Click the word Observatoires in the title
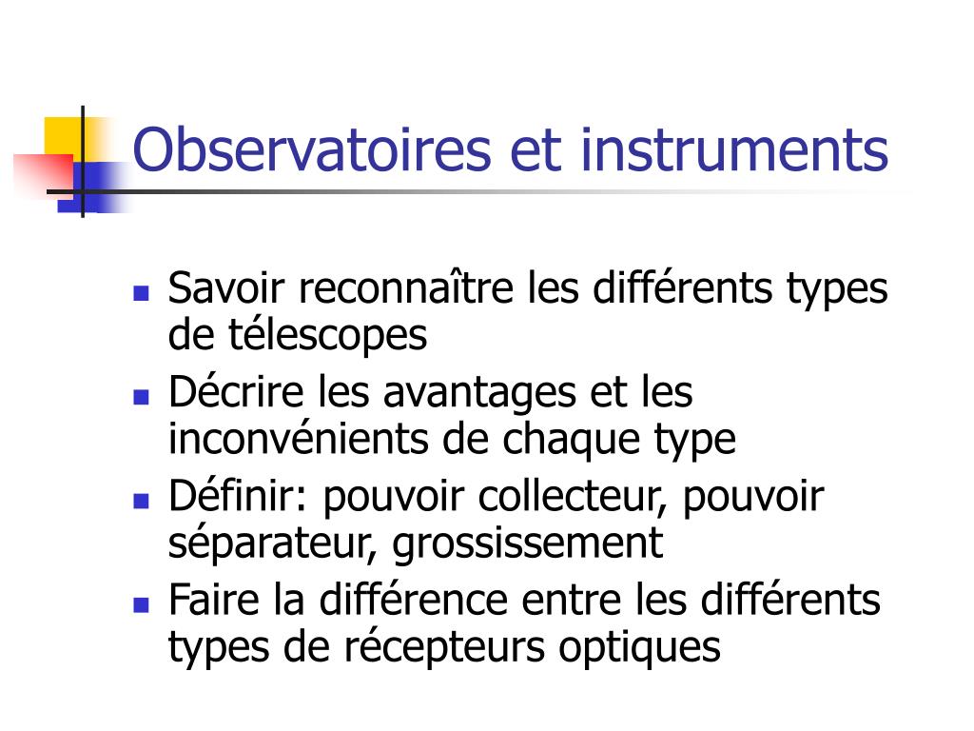pyautogui.click(x=312, y=149)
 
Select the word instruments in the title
pyautogui.click(x=734, y=149)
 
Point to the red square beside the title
pyautogui.click(x=45, y=174)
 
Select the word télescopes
pyautogui.click(x=328, y=335)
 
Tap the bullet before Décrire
pyautogui.click(x=141, y=396)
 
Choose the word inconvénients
pyautogui.click(x=298, y=439)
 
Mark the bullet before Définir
pyautogui.click(x=141, y=501)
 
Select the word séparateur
pyautogui.click(x=273, y=543)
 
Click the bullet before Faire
pyautogui.click(x=141, y=604)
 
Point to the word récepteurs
pyautogui.click(x=444, y=648)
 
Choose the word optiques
pyautogui.click(x=639, y=648)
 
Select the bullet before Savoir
pyautogui.click(x=141, y=293)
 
